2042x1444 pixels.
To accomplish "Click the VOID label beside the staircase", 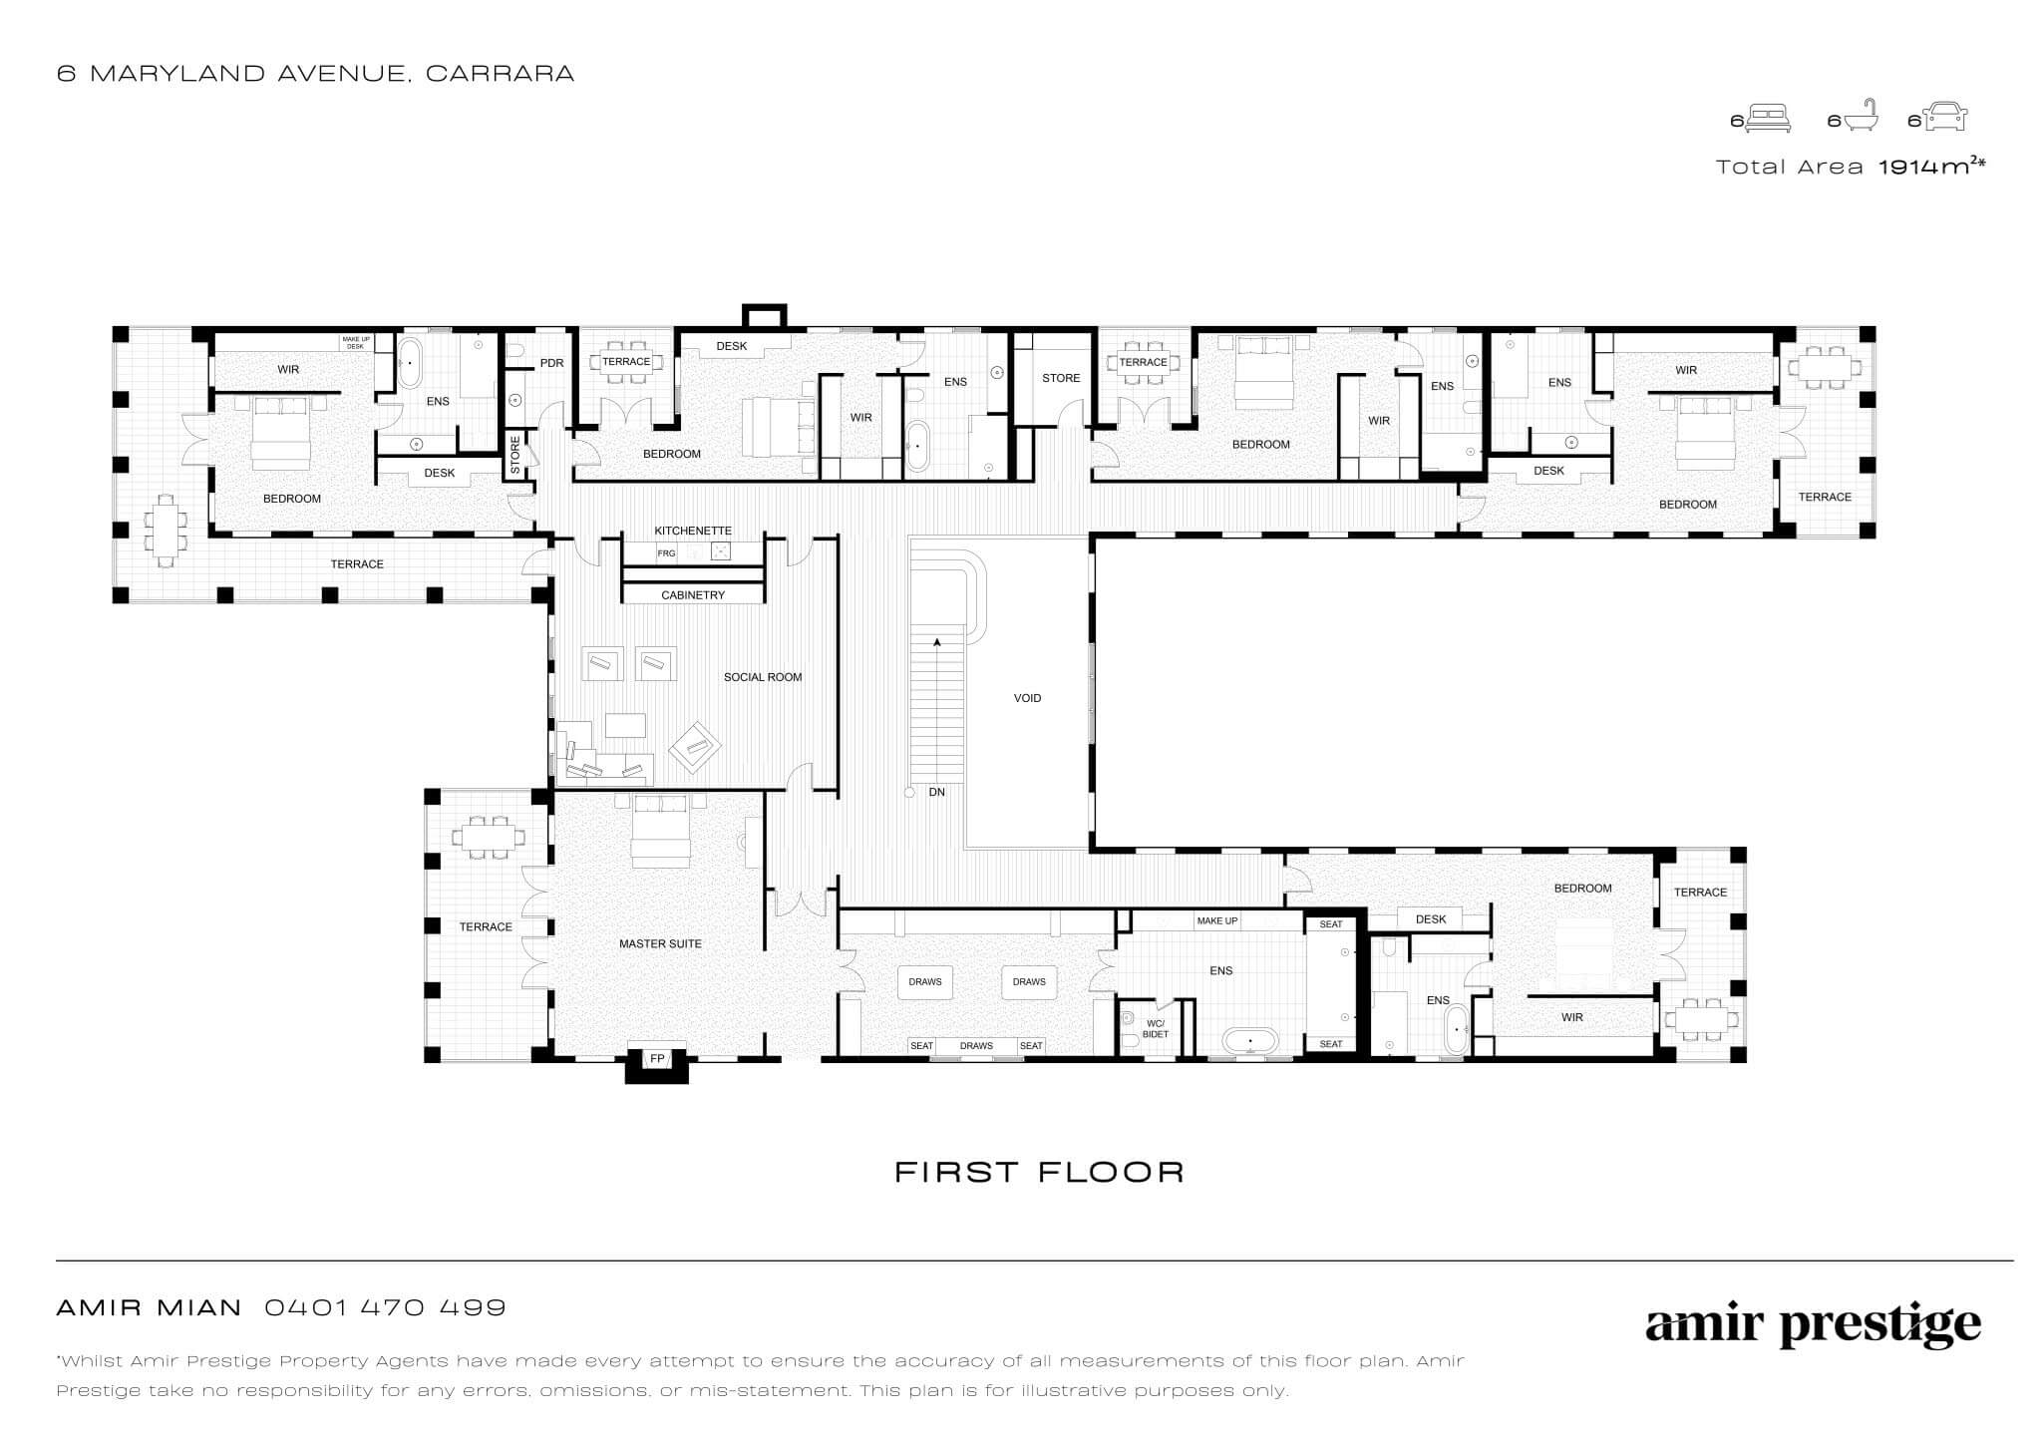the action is tap(1027, 698).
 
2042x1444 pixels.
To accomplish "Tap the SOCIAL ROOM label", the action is tap(763, 677).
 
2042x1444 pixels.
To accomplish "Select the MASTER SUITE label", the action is tap(660, 943).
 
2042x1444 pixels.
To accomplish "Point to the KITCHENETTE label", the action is tap(693, 531).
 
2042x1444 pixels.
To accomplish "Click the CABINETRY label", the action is tap(693, 595).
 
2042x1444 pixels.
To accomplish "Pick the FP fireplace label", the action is tap(657, 1058).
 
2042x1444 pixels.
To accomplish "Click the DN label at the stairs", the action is tap(936, 792).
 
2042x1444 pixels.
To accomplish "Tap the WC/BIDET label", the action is tap(1156, 1029).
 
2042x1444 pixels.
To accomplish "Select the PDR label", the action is tap(551, 363).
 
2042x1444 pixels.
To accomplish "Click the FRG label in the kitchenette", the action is tap(666, 552).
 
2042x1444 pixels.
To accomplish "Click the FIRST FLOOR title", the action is tap(1039, 1172).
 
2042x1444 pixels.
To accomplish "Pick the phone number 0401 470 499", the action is tap(385, 1307).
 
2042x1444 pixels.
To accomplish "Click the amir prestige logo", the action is tap(1813, 1325).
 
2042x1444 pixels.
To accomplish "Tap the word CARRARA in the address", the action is tap(500, 74).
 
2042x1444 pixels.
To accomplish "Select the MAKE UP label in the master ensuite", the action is tap(1217, 920).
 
